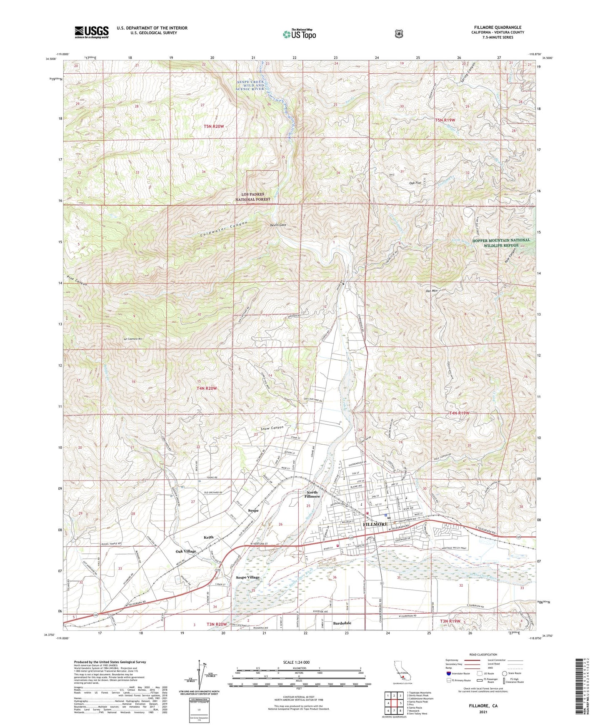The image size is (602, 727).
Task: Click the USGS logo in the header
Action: coord(92,32)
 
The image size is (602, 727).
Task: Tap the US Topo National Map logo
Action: coord(299,34)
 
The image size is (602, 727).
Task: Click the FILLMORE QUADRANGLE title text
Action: coord(497,27)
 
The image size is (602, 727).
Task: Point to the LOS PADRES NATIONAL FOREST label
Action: coord(262,197)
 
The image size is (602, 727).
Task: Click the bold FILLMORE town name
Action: coord(375,524)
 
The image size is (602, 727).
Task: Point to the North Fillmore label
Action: coord(312,494)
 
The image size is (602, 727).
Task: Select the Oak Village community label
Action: coord(186,551)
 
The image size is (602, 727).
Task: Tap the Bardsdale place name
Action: coord(342,623)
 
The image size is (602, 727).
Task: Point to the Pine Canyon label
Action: coord(77,281)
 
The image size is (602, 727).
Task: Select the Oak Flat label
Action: coord(415,183)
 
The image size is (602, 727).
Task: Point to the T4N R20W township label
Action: coord(207,388)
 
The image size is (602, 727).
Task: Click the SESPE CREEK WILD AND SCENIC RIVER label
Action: coord(250,86)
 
